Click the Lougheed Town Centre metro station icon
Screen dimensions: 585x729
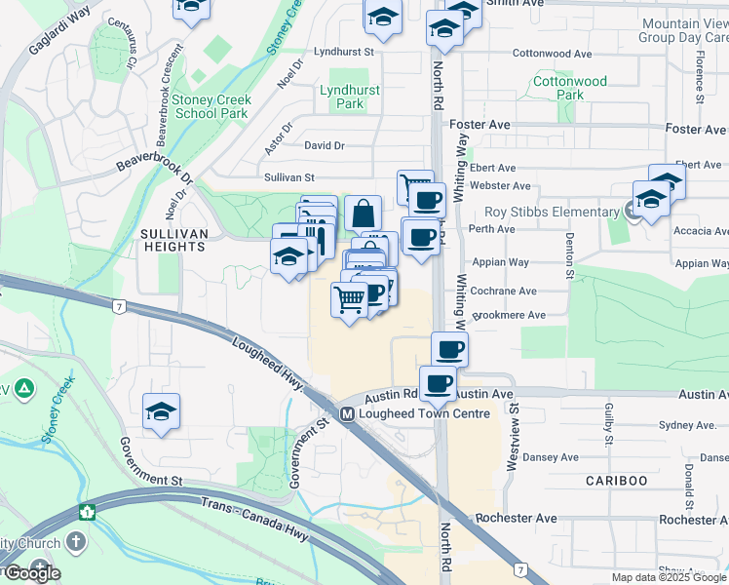[x=347, y=413]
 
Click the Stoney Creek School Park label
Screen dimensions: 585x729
[x=211, y=106]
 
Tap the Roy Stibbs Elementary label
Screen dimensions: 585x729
[x=552, y=212]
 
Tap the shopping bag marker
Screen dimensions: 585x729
[x=363, y=213]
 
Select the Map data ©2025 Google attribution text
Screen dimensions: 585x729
[x=669, y=577]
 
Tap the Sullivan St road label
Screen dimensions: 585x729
[x=289, y=177]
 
